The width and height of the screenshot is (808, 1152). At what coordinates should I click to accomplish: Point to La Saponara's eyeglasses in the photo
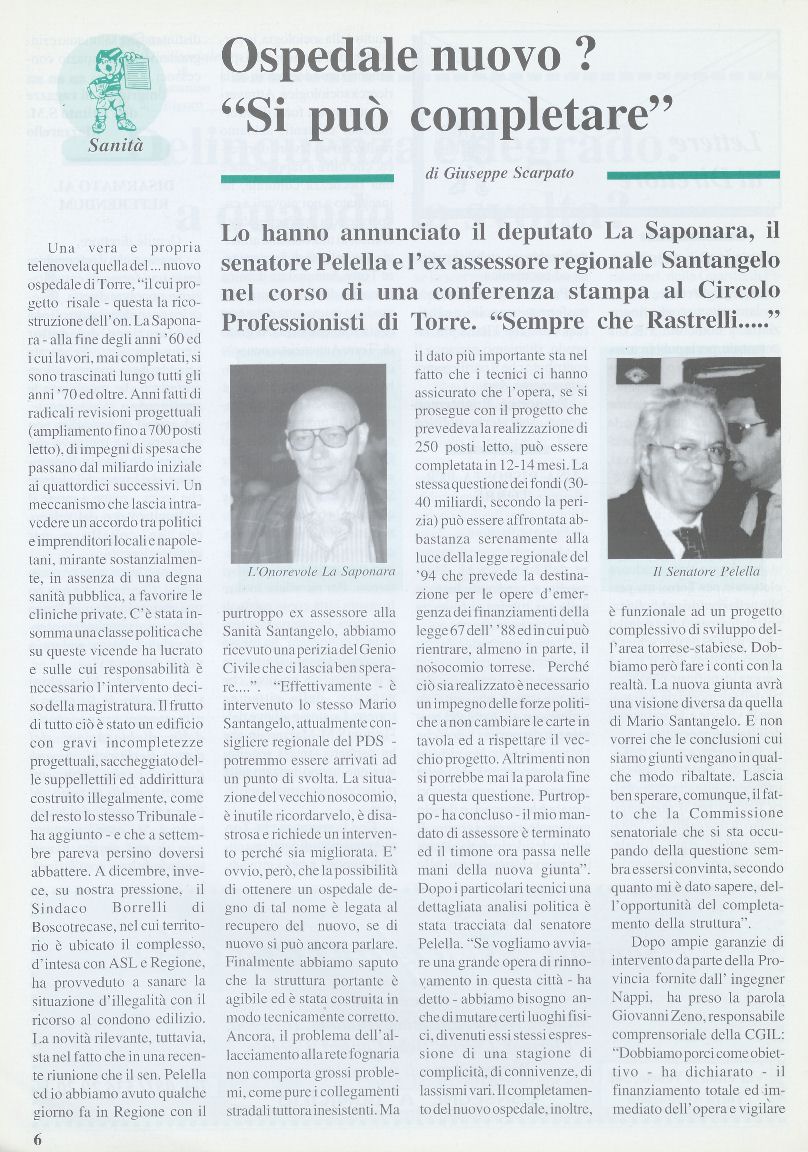pos(321,435)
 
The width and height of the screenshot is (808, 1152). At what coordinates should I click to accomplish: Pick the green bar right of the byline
pos(694,176)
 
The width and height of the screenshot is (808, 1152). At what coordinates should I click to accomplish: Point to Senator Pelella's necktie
pos(690,540)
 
